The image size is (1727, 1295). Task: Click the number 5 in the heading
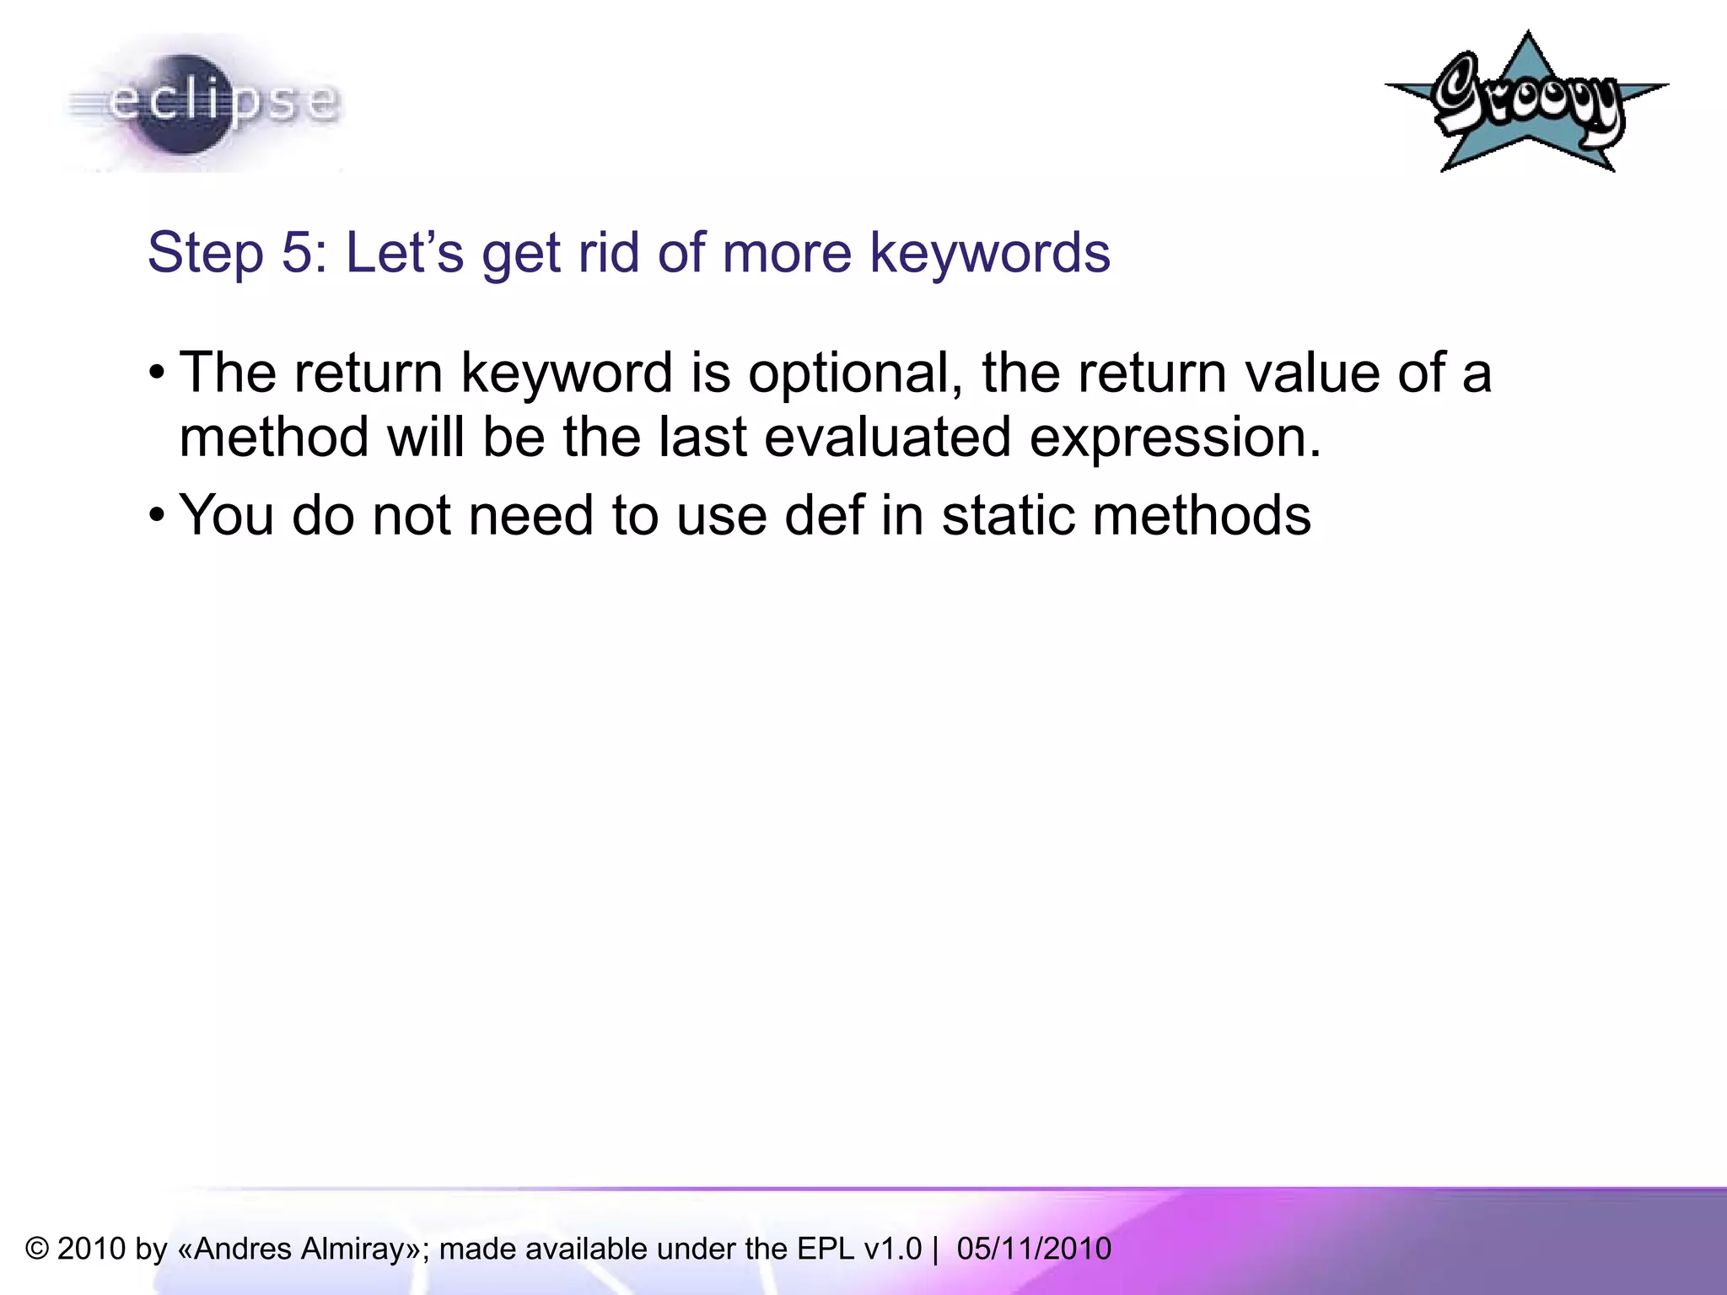point(296,252)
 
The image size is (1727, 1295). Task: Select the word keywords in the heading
point(990,252)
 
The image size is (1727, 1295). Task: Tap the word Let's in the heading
point(405,252)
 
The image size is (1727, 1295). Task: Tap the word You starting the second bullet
point(226,515)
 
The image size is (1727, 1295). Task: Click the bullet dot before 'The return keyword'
point(157,373)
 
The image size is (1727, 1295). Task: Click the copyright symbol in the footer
point(37,1249)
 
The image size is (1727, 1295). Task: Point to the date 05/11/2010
point(1034,1249)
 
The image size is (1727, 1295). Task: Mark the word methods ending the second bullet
point(1202,515)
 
